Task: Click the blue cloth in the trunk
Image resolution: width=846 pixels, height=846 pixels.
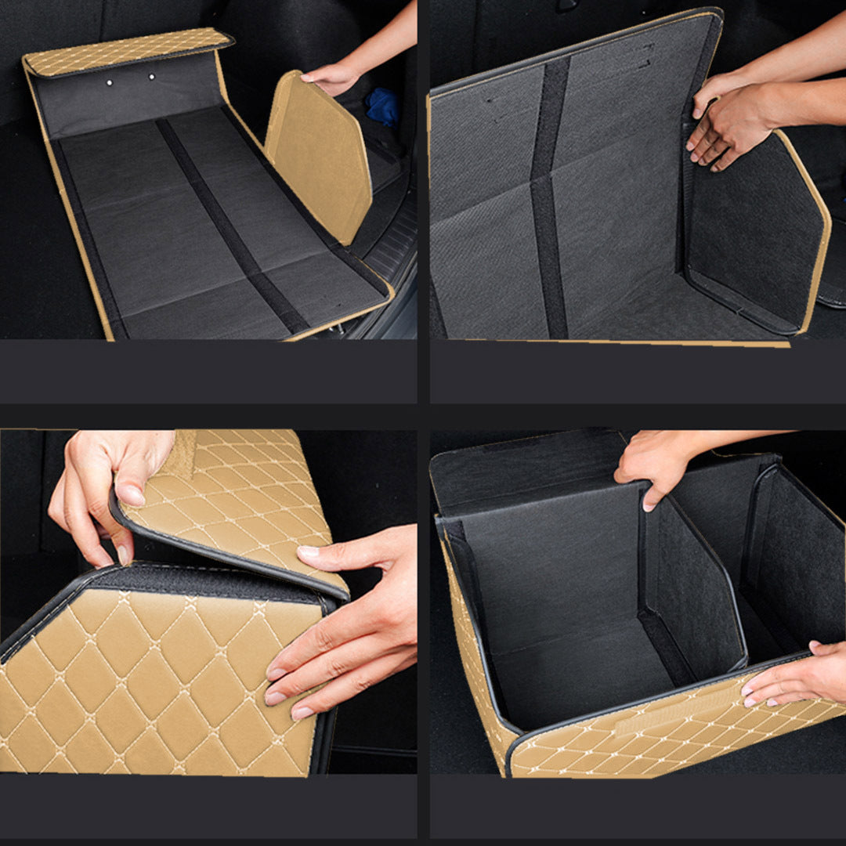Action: [x=383, y=107]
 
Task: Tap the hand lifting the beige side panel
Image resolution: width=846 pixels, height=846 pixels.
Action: [x=333, y=76]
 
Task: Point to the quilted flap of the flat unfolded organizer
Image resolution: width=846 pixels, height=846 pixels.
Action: [x=125, y=51]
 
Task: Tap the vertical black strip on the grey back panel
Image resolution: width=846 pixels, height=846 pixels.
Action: [x=550, y=196]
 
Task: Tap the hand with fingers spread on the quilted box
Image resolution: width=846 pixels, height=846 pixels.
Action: [x=345, y=619]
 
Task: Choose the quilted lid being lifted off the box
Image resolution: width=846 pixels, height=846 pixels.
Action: [x=235, y=501]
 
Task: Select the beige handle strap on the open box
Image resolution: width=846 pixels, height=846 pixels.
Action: [x=666, y=717]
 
